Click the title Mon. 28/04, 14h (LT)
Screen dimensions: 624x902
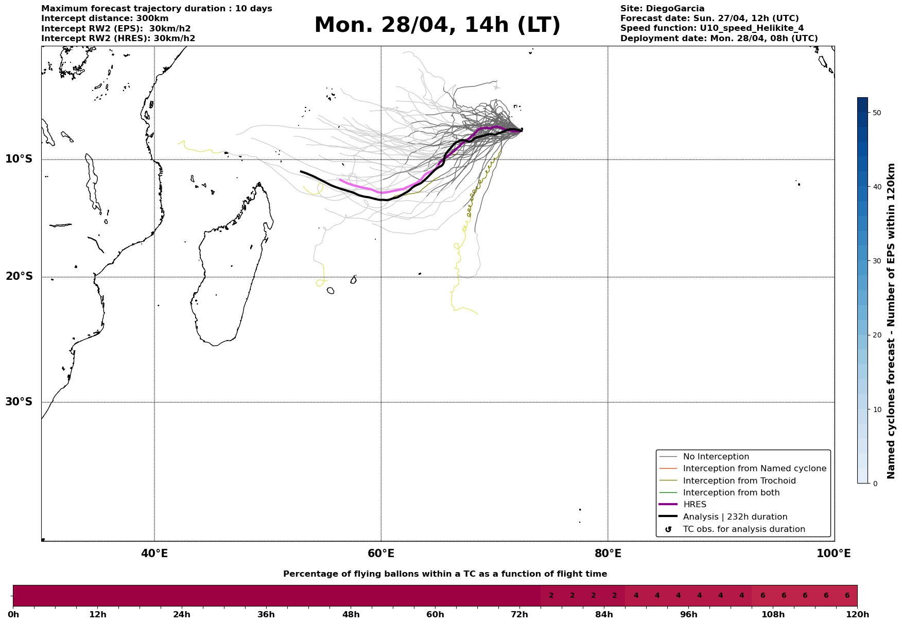pos(437,25)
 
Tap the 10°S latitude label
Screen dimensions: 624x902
pos(19,159)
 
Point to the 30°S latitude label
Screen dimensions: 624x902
pos(19,402)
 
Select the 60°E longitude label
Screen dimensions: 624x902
pos(381,554)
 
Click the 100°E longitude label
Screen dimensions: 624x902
pos(834,554)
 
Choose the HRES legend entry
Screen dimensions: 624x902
pos(695,505)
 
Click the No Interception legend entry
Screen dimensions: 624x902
pos(716,457)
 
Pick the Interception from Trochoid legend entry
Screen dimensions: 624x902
pos(739,481)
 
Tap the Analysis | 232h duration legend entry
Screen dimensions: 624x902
pos(735,517)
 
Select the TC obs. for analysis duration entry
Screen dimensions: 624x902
pos(743,529)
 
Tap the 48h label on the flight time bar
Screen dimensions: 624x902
pos(351,615)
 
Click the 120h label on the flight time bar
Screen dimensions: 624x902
pos(857,615)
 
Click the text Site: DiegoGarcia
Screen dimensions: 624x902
pos(662,9)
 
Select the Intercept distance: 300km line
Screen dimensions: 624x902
pos(105,19)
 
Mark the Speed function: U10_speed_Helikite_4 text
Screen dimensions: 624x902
pos(712,28)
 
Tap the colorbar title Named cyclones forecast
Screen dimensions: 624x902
pos(891,321)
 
